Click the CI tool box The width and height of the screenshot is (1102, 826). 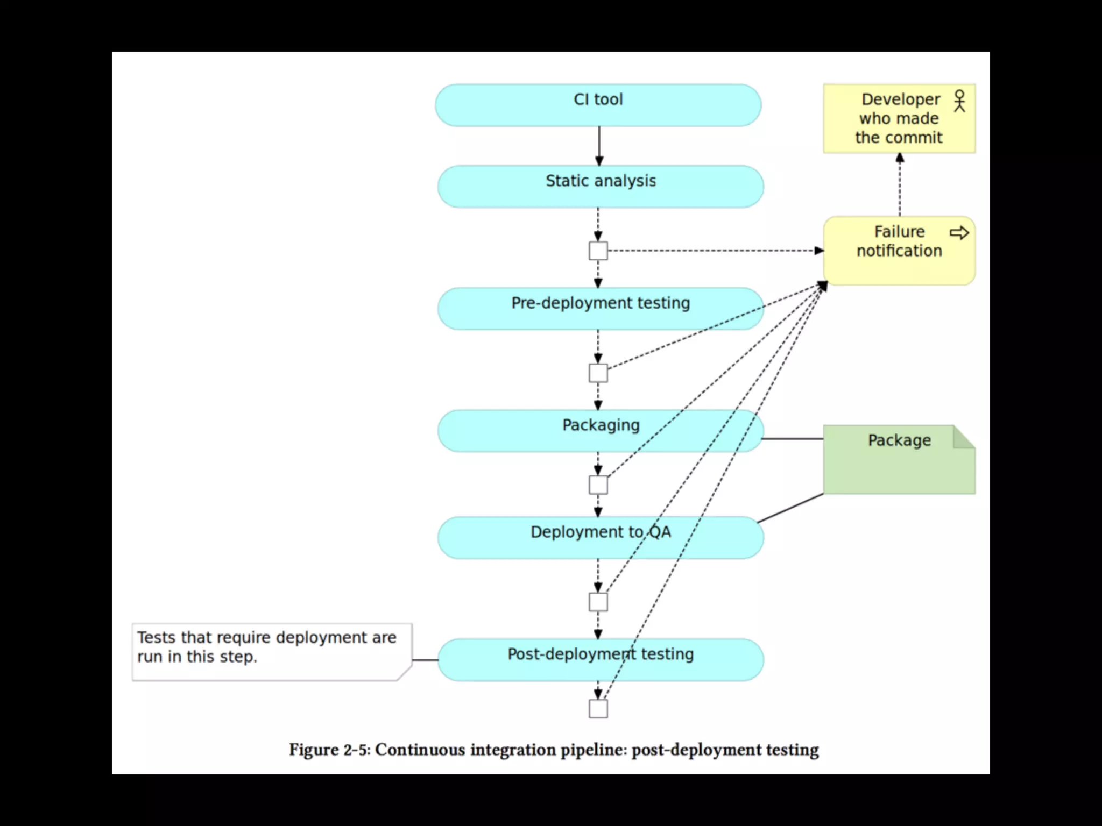598,105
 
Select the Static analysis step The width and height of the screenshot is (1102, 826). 601,186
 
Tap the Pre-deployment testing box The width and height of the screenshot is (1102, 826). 601,309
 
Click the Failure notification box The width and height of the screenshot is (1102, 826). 899,251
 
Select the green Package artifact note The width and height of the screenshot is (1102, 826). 899,460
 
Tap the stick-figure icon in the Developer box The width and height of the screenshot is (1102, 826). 959,101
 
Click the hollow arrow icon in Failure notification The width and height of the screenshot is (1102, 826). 959,233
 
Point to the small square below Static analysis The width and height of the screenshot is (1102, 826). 598,251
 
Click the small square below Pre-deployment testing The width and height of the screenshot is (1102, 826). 598,373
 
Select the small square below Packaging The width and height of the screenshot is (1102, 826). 598,485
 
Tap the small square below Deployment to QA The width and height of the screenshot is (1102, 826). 598,602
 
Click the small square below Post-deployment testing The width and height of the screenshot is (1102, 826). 598,709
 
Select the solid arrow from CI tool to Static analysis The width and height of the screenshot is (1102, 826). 599,145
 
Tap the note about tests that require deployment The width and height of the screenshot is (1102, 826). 272,652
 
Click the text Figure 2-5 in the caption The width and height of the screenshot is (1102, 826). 329,750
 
